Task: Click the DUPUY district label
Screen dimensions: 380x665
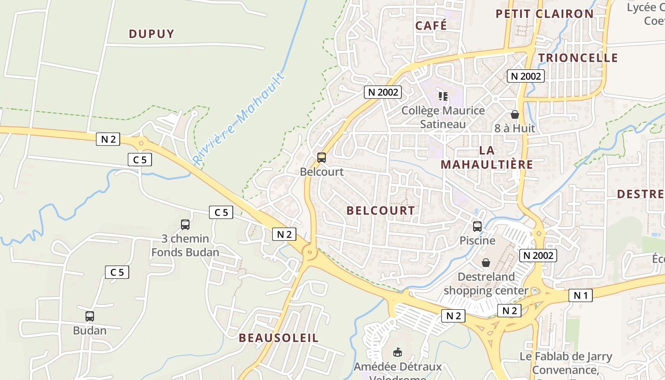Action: (152, 34)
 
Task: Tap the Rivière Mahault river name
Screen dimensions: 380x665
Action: (239, 119)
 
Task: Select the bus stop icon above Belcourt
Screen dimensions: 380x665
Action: (322, 157)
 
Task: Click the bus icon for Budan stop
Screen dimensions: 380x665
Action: (90, 316)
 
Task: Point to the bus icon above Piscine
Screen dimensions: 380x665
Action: (477, 227)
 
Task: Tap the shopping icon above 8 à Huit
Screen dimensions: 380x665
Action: (514, 114)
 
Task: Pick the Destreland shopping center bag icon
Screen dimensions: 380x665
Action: (486, 263)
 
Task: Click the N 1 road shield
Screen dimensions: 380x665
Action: (580, 295)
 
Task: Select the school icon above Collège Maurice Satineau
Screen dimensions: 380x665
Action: (443, 96)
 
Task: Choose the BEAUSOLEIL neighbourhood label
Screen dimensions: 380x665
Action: (278, 338)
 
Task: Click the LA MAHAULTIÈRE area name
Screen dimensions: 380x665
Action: (487, 157)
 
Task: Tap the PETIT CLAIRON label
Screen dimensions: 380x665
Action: (544, 14)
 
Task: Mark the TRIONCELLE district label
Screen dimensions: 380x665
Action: (578, 58)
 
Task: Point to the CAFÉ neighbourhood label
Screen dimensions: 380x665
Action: (431, 25)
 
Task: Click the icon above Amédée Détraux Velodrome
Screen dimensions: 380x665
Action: (398, 352)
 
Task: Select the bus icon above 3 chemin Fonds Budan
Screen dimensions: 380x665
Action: (185, 225)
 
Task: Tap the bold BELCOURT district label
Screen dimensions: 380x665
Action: (380, 210)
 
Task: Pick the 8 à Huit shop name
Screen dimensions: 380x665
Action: (514, 128)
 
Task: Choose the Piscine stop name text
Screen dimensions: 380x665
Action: (477, 240)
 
